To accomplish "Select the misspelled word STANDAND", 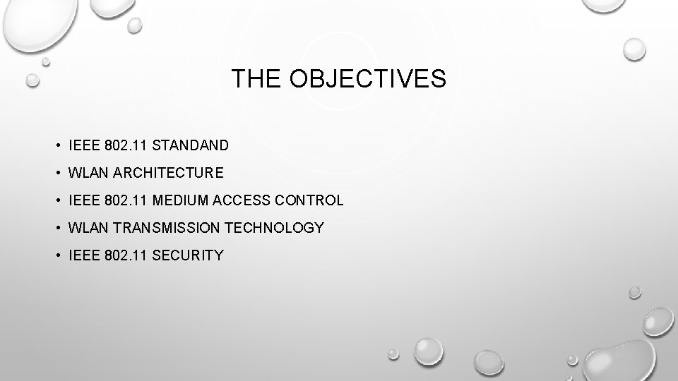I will [x=190, y=146].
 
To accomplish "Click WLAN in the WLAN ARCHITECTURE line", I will [x=85, y=173].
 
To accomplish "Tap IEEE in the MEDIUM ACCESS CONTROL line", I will [x=82, y=200].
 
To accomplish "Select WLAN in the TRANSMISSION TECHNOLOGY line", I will [x=85, y=228].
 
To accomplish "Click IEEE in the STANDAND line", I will [x=82, y=146].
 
